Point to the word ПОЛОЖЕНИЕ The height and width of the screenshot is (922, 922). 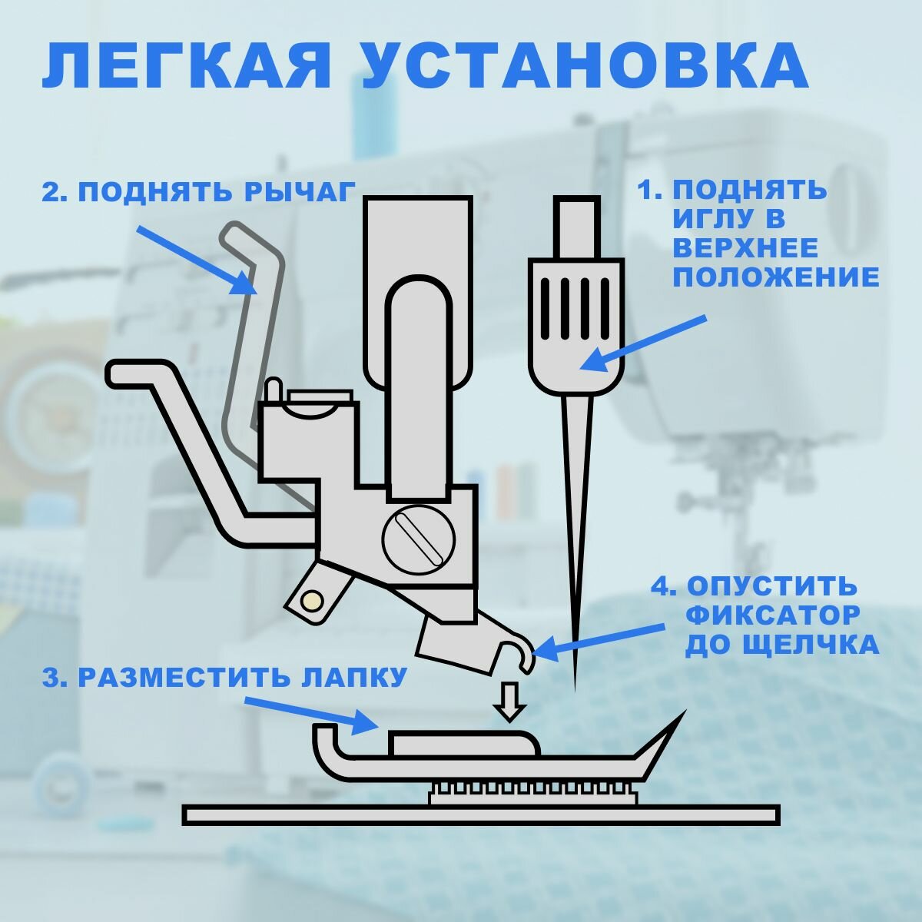click(x=776, y=277)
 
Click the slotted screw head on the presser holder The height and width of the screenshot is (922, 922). click(x=419, y=541)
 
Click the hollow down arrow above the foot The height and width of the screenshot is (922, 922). click(x=511, y=700)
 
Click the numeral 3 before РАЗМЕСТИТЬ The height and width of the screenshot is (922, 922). click(x=51, y=678)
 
